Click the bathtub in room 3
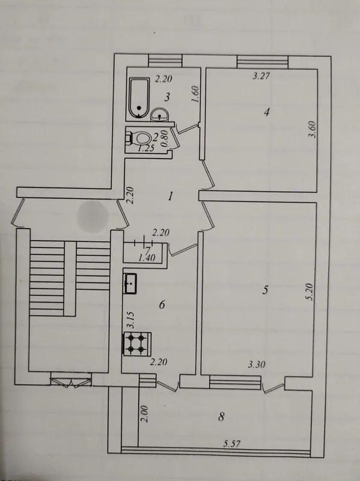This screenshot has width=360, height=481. coord(139,98)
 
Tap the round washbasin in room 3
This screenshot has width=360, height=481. coord(159,114)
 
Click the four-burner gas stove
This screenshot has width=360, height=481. coord(137,344)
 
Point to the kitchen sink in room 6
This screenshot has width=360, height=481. coord(130,283)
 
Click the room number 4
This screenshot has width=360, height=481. coord(266,112)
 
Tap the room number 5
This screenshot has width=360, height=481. coord(265,290)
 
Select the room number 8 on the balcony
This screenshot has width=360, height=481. coord(221,417)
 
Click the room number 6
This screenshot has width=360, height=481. coord(162,305)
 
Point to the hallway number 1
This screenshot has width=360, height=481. coord(171,196)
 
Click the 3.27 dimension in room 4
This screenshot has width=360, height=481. coord(261,76)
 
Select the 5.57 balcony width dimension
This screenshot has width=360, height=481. coord(232,444)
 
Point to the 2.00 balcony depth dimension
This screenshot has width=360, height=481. coord(145,414)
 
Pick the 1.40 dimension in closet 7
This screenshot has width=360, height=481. coord(147,258)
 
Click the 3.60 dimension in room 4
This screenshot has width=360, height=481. coord(312,130)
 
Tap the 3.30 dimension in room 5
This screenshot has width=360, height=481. coord(257,364)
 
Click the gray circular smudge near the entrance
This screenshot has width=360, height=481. coord(93,216)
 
